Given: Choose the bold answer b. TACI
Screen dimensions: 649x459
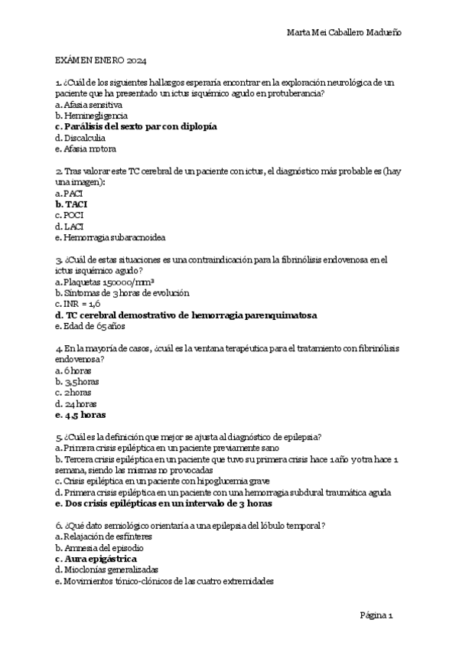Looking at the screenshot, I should (x=71, y=205).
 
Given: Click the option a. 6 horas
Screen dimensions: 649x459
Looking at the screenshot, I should (x=73, y=370).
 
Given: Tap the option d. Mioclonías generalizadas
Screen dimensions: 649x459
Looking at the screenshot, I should (x=106, y=570).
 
